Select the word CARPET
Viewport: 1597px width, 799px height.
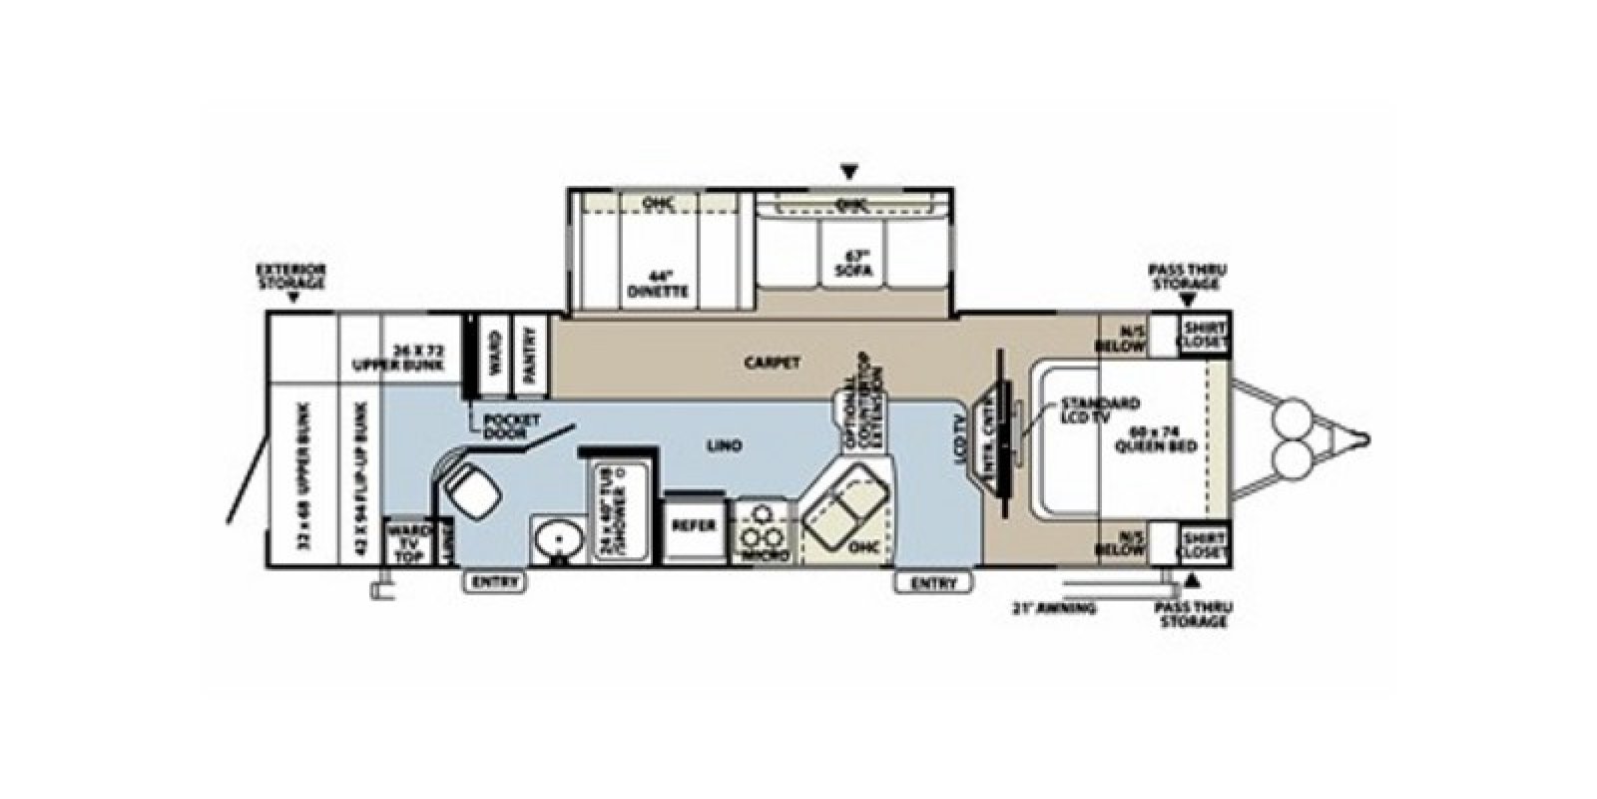tap(772, 363)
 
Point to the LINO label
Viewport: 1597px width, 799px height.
tap(728, 446)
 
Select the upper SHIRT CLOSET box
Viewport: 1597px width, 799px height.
tap(1204, 337)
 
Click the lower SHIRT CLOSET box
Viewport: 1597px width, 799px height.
tap(1204, 544)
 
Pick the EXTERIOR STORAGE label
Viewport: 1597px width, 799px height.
tap(290, 277)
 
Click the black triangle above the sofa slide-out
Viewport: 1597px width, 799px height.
tap(849, 171)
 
